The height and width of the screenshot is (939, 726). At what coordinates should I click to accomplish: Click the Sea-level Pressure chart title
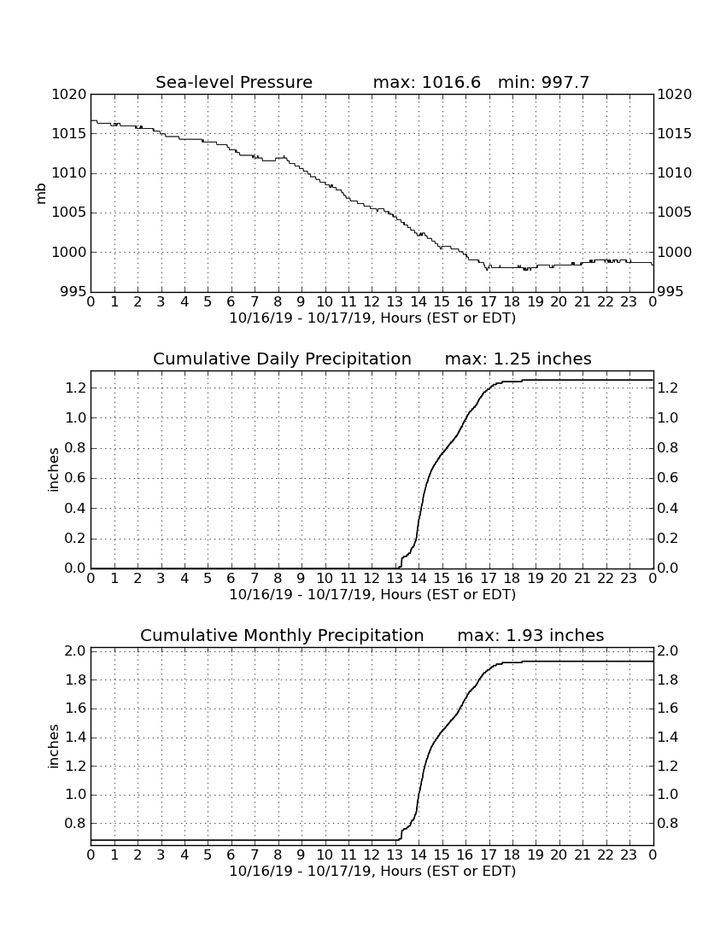pos(234,82)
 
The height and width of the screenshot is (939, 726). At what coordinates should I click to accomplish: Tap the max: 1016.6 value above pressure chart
pos(426,82)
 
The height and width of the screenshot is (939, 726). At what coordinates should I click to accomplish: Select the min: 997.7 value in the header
pos(543,82)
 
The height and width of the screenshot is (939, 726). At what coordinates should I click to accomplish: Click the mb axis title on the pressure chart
pos(41,194)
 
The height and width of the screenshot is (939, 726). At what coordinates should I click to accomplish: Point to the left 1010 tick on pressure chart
pos(69,173)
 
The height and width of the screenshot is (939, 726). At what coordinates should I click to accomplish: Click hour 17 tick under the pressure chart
pos(489,302)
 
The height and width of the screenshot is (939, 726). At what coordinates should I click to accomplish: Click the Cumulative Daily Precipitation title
pos(282,359)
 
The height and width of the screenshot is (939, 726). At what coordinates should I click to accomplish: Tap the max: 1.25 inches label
pos(518,359)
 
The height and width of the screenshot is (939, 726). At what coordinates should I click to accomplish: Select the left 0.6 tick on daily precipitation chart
pos(75,478)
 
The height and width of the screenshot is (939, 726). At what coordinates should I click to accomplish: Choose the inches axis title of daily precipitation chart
pos(53,470)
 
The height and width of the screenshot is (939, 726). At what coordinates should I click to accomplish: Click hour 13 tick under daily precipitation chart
pos(395,579)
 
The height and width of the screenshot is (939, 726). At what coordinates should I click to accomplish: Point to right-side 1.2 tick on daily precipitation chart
pos(668,388)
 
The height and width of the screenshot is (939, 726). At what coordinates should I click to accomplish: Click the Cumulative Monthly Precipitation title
pos(282,635)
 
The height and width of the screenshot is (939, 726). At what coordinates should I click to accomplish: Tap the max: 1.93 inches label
pos(530,635)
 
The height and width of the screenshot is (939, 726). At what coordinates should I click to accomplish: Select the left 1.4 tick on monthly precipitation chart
pos(75,738)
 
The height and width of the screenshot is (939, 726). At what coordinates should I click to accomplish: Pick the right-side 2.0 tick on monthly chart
pos(668,651)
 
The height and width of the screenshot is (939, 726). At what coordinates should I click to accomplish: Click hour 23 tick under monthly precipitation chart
pos(629,855)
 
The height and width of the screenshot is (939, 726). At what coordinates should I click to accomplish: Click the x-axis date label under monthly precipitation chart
pos(372,871)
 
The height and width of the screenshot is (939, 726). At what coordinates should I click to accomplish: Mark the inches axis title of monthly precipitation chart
pos(53,747)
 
